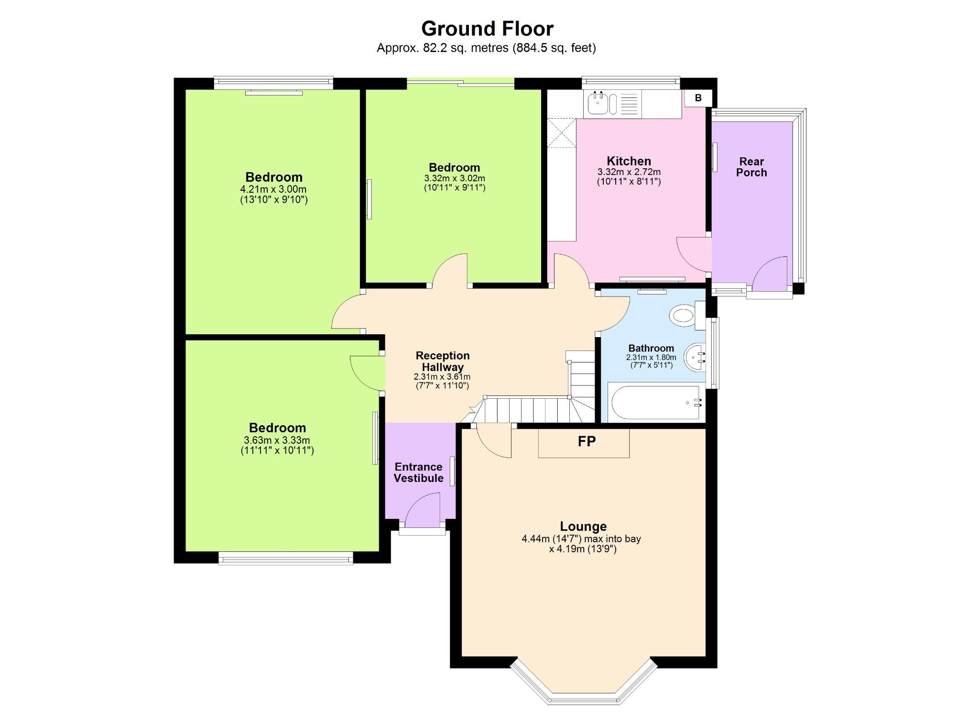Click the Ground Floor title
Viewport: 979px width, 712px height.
(x=487, y=29)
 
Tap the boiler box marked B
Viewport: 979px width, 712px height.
(x=698, y=98)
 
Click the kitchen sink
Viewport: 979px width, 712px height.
(x=598, y=104)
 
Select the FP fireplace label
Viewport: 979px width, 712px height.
(x=586, y=441)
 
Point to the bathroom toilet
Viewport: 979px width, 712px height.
(x=684, y=316)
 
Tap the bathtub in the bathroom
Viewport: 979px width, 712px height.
(x=655, y=403)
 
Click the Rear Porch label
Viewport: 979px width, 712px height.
(x=751, y=167)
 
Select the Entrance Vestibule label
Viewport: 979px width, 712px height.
(x=418, y=472)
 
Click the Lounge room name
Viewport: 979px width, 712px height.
(x=583, y=526)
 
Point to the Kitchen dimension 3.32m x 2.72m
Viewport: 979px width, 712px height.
(x=629, y=172)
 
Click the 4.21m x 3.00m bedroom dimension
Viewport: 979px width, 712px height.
(x=273, y=189)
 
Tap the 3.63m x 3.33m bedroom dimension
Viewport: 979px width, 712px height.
(x=277, y=440)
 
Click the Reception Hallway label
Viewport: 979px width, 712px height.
(x=442, y=361)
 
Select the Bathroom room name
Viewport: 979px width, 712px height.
(x=651, y=348)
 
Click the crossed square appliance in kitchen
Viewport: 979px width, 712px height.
(x=562, y=133)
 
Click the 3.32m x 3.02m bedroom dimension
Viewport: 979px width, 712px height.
(x=454, y=178)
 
